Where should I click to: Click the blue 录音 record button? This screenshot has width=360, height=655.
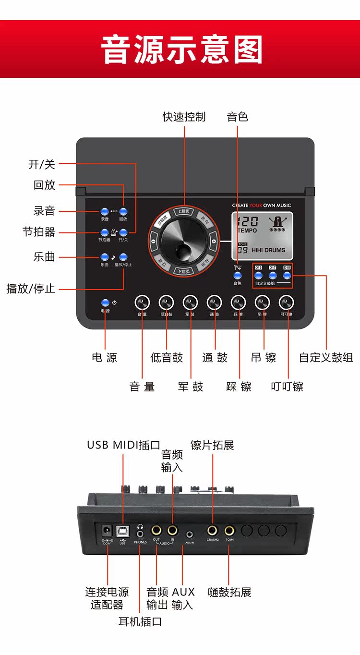tap(105, 212)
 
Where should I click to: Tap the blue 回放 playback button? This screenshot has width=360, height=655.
tap(123, 212)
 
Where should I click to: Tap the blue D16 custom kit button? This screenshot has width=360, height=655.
tap(258, 275)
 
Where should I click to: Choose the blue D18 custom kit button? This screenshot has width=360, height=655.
tap(287, 275)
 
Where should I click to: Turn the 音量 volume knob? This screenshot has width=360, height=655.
tap(142, 303)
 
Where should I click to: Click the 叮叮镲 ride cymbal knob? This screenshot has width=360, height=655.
tap(287, 303)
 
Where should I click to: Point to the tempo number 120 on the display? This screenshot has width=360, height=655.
tap(248, 221)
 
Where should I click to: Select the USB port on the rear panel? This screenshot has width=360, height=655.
tap(123, 531)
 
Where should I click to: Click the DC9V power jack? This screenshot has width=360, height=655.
tap(107, 531)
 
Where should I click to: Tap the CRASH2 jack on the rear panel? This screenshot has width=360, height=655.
tap(213, 531)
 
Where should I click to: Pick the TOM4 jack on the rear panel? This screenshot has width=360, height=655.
tap(229, 531)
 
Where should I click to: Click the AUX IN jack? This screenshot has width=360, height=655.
tap(190, 534)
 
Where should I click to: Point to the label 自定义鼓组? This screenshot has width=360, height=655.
tap(326, 358)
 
